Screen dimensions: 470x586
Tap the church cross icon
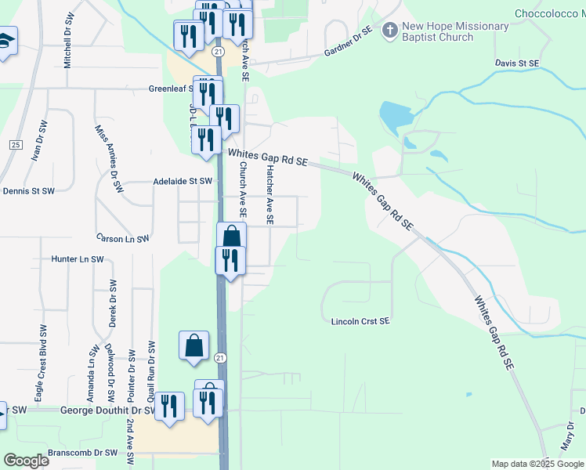point(389,31)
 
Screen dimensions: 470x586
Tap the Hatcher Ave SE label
point(269,195)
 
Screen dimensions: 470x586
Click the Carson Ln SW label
point(123,237)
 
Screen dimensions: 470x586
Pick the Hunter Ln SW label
point(77,258)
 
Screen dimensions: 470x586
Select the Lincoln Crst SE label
point(360,321)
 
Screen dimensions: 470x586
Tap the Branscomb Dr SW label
point(82,453)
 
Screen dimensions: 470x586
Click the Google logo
point(26,461)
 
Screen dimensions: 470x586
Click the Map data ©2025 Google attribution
point(538,464)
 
